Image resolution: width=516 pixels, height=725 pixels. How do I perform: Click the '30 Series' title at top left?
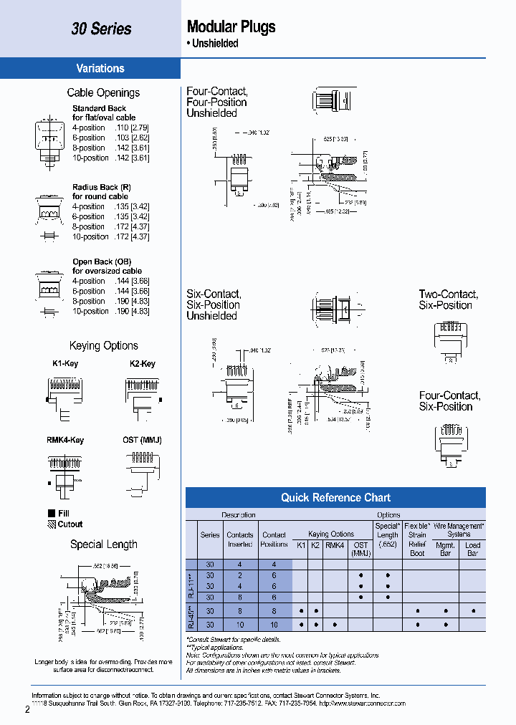pyautogui.click(x=101, y=29)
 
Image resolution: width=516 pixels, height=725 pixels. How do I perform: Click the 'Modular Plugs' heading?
pyautogui.click(x=231, y=27)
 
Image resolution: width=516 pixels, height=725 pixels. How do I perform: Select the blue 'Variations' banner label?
pyautogui.click(x=100, y=69)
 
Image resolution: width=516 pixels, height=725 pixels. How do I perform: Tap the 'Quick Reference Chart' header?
pyautogui.click(x=335, y=498)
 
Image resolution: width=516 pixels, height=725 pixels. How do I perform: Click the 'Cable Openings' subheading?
pyautogui.click(x=103, y=92)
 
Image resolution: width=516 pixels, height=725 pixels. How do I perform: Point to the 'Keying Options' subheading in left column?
pyautogui.click(x=103, y=346)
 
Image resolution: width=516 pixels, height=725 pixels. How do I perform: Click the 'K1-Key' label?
pyautogui.click(x=65, y=364)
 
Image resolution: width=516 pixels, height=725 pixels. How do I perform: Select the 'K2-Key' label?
pyautogui.click(x=143, y=364)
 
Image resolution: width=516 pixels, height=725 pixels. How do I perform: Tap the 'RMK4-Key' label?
pyautogui.click(x=65, y=440)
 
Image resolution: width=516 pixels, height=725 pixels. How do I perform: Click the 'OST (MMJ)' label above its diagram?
pyautogui.click(x=142, y=440)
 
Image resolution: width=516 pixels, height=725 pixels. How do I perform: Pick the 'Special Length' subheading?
pyautogui.click(x=103, y=544)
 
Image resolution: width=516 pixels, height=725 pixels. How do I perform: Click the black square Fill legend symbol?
pyautogui.click(x=51, y=513)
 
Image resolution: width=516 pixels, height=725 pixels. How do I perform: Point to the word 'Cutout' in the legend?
pyautogui.click(x=70, y=524)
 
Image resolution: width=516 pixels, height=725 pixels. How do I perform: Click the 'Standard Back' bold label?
pyautogui.click(x=99, y=108)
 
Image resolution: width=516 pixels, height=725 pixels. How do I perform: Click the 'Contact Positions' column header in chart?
pyautogui.click(x=274, y=539)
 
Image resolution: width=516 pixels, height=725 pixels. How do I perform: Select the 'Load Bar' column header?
pyautogui.click(x=473, y=549)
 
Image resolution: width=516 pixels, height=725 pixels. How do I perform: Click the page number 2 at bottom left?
pyautogui.click(x=27, y=710)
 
